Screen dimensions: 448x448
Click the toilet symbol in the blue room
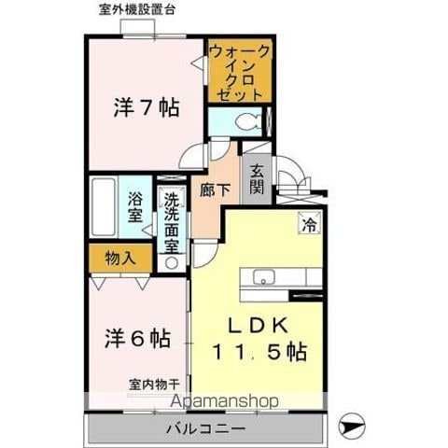pos(248,121)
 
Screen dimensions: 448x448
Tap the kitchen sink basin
pos(264,277)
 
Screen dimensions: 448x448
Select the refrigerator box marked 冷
pos(310,222)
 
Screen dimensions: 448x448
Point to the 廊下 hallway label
pos(215,189)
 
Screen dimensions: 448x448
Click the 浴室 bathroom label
pos(135,207)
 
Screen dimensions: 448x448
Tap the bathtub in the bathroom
pos(103,207)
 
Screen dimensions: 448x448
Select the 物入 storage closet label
pos(120,258)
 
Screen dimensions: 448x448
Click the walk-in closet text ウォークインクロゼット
pos(239,73)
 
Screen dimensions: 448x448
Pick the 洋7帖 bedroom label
pos(147,107)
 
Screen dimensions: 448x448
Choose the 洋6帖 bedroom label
pos(137,339)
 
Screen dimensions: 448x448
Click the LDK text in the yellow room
pos(258,326)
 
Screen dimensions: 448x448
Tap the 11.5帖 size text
pos(260,352)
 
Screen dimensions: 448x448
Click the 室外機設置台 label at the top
pos(137,10)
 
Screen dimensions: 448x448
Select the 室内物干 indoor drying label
pos(155,385)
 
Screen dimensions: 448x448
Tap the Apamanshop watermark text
pos(224,401)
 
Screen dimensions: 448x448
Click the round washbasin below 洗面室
pos(171,263)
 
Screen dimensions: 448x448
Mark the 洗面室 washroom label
pos(172,223)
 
